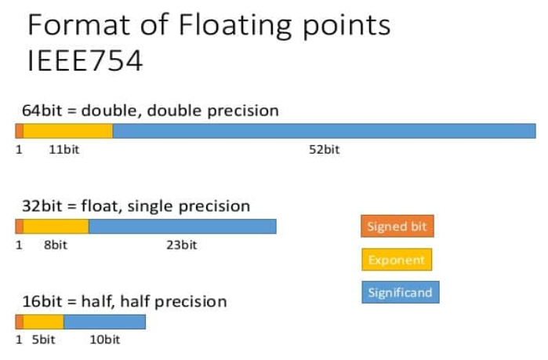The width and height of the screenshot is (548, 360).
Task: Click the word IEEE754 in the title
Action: (x=85, y=60)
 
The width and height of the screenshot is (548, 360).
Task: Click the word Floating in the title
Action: (x=235, y=26)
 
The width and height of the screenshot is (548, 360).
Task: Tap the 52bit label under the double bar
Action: (x=324, y=150)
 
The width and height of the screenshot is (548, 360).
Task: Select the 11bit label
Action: (x=64, y=150)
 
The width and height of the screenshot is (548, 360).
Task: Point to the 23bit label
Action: (x=181, y=245)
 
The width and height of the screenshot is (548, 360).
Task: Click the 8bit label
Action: (x=55, y=245)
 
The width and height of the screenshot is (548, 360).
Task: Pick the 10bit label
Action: (x=105, y=340)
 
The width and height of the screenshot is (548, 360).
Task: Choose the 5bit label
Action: (x=43, y=340)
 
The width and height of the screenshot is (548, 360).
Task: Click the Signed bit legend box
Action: (x=397, y=226)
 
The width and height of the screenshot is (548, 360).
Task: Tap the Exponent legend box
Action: (x=397, y=260)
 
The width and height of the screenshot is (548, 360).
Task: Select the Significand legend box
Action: (x=401, y=293)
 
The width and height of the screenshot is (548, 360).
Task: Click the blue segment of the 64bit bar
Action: (x=325, y=131)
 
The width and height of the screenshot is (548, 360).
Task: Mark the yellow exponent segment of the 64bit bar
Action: (x=68, y=131)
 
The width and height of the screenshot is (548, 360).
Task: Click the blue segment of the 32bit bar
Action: (x=183, y=227)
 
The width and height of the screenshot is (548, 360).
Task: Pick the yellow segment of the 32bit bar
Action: (x=56, y=227)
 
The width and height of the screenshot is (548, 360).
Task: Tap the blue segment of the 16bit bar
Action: (x=104, y=322)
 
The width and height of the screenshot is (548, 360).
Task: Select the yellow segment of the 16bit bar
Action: (x=43, y=322)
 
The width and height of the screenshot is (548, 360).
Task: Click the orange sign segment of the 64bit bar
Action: (x=20, y=131)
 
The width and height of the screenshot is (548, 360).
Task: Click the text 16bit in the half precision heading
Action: (x=42, y=301)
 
